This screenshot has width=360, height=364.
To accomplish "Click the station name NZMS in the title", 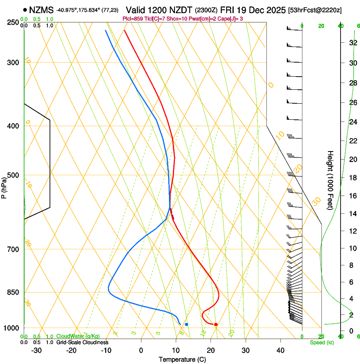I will click(42, 10).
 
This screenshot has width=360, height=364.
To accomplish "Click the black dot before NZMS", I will click(26, 10).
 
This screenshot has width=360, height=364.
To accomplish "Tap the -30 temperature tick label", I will click(36, 350).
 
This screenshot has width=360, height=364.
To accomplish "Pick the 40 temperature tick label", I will click(280, 350).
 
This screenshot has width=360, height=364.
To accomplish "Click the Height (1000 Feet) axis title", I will click(331, 180).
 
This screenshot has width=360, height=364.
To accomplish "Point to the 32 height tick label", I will click(352, 43).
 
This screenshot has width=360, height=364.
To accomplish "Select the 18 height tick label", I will click(352, 178).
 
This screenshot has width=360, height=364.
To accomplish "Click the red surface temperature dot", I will click(216, 325).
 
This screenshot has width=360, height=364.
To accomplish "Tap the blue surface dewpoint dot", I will click(186, 324).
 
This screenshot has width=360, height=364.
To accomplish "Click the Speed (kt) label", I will click(321, 342).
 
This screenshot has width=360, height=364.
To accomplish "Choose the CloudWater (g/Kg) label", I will click(78, 336).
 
